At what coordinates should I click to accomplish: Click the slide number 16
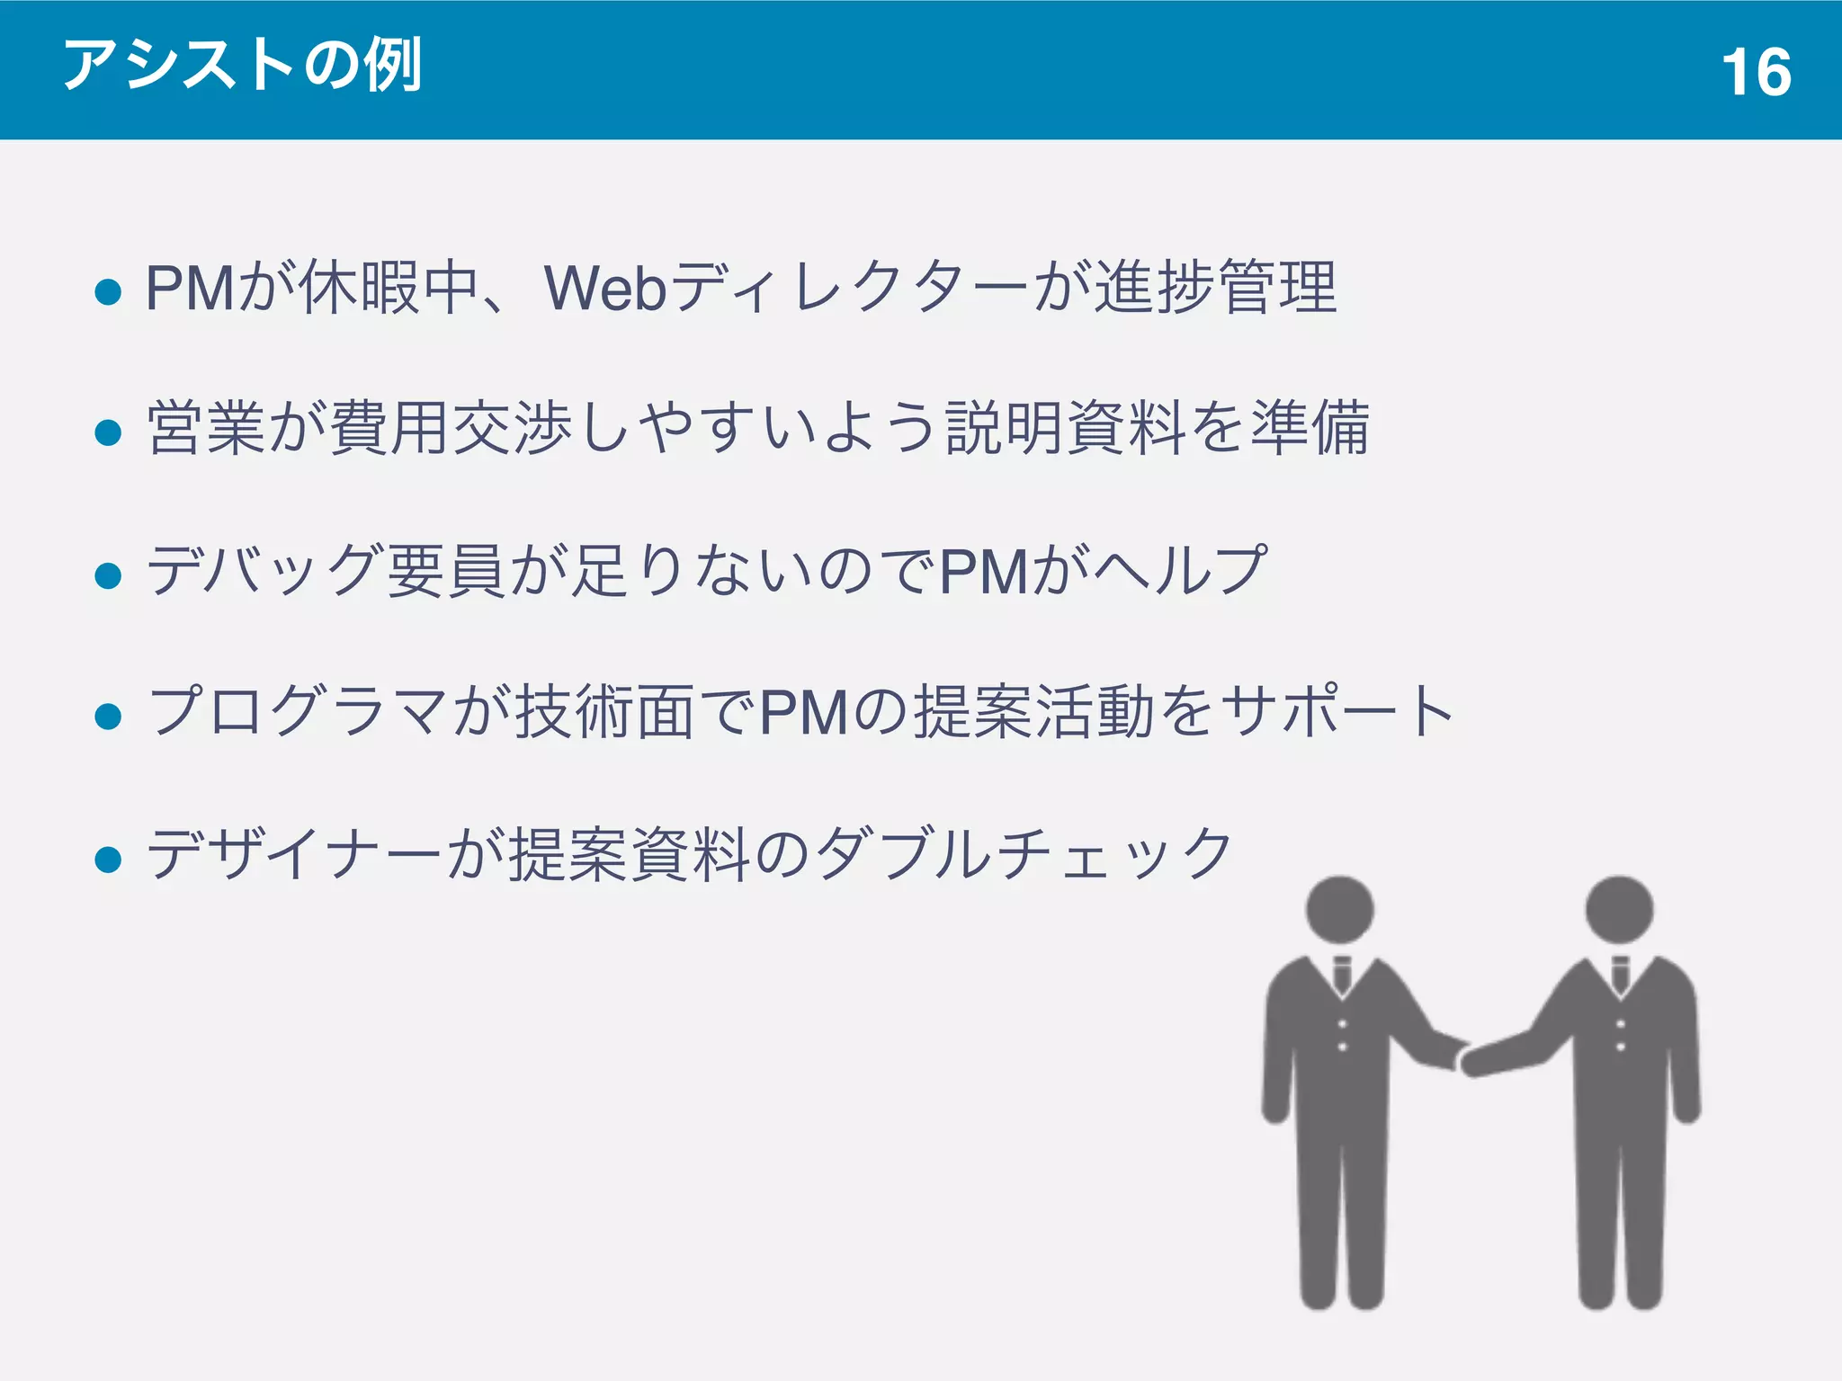point(1756,72)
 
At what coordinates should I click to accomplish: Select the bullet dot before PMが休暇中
point(108,291)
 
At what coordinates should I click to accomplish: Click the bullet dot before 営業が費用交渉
point(108,432)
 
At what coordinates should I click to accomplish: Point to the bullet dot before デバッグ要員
point(108,575)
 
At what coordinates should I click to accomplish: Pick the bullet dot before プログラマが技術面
point(108,716)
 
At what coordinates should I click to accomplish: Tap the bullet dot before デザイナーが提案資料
point(108,859)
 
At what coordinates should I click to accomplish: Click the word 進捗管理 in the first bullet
point(1216,288)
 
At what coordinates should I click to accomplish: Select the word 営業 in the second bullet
point(207,428)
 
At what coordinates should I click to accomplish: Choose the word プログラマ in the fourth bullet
point(297,711)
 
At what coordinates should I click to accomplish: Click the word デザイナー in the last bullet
point(294,854)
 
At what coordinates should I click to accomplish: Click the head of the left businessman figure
point(1340,909)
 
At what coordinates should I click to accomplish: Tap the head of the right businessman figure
point(1619,909)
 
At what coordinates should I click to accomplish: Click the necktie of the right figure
point(1620,974)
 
